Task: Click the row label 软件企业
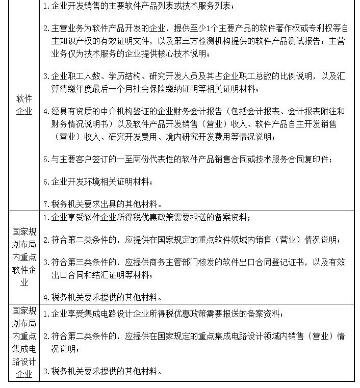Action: point(24,105)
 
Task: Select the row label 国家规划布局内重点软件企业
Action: point(24,256)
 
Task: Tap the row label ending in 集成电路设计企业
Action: point(24,342)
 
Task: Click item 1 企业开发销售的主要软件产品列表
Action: point(138,6)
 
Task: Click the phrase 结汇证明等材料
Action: point(122,275)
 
